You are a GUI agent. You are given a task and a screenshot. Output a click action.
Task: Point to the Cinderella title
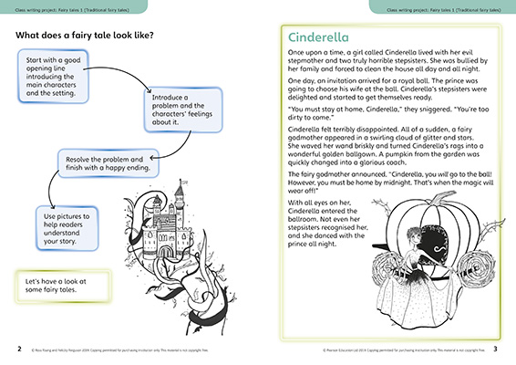point(319,38)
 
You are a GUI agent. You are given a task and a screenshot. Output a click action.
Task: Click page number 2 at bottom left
point(18,349)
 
